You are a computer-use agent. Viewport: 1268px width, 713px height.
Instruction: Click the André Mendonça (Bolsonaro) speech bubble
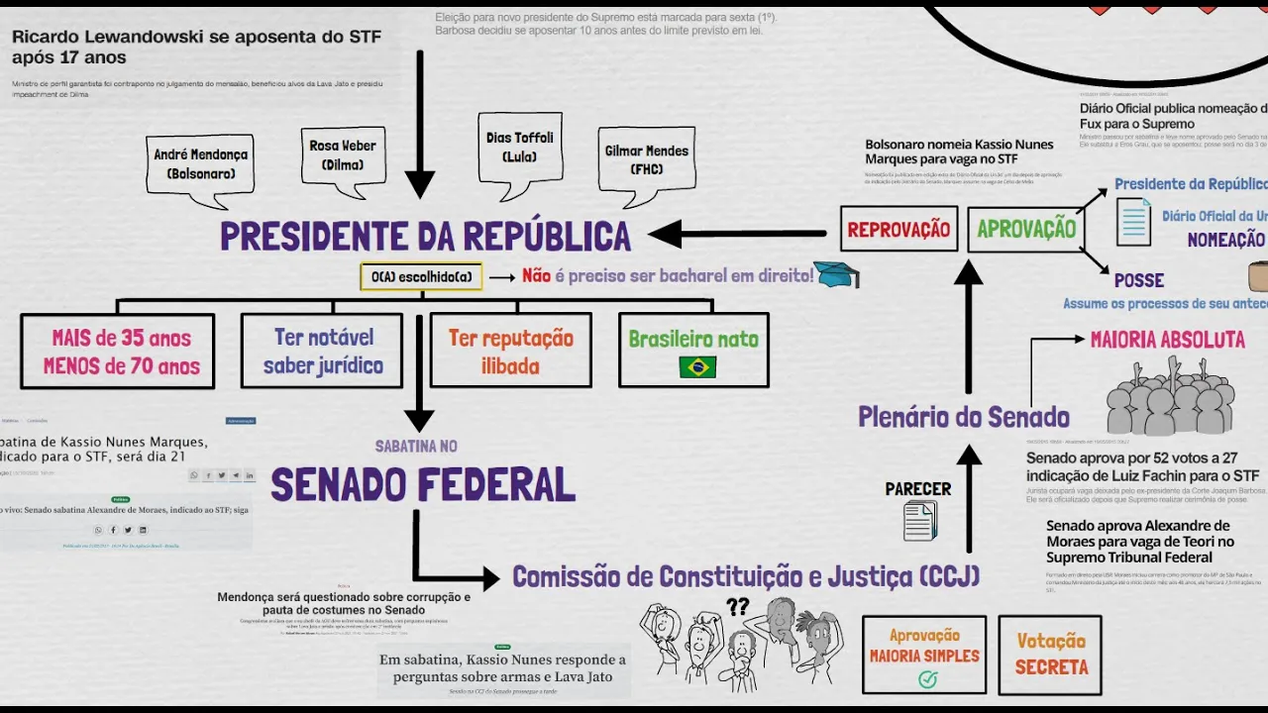pos(200,163)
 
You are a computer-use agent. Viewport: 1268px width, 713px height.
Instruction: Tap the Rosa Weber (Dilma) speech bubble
pos(342,154)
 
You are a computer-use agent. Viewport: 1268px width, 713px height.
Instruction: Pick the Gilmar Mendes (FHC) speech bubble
pos(646,159)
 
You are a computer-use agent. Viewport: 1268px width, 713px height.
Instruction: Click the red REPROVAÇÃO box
pos(898,230)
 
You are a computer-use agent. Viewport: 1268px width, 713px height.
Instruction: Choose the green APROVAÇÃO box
pos(1025,230)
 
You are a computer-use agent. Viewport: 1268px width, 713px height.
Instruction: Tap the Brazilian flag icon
pos(697,367)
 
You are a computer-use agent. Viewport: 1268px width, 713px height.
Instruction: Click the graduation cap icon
pos(839,276)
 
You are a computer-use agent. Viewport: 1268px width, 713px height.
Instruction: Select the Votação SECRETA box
pos(1051,655)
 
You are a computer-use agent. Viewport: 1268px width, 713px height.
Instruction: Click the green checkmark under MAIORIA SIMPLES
pos(927,679)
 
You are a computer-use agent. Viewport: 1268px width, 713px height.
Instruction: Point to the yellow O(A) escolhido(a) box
pos(421,277)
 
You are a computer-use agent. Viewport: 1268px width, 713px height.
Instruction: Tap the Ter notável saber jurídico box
pos(322,351)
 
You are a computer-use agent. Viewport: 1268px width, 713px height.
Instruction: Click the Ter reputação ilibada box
pos(510,351)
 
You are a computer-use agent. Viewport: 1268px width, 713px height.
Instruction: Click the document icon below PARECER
pos(919,521)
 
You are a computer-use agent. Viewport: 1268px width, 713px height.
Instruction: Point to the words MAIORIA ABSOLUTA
pos(1167,341)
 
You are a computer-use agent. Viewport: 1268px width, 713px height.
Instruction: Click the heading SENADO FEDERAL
pos(423,485)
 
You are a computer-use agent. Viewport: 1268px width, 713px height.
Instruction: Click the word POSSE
pos(1138,280)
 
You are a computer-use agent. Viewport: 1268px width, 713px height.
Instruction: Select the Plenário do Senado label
pos(963,417)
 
